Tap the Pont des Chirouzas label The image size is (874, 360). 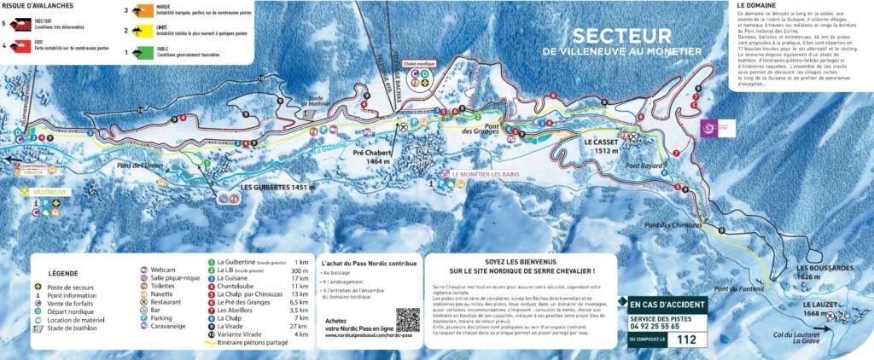(674, 224)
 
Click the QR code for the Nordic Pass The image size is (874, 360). (408, 320)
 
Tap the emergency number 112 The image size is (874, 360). (685, 339)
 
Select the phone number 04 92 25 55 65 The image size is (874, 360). (656, 325)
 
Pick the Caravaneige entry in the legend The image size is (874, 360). (169, 326)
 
